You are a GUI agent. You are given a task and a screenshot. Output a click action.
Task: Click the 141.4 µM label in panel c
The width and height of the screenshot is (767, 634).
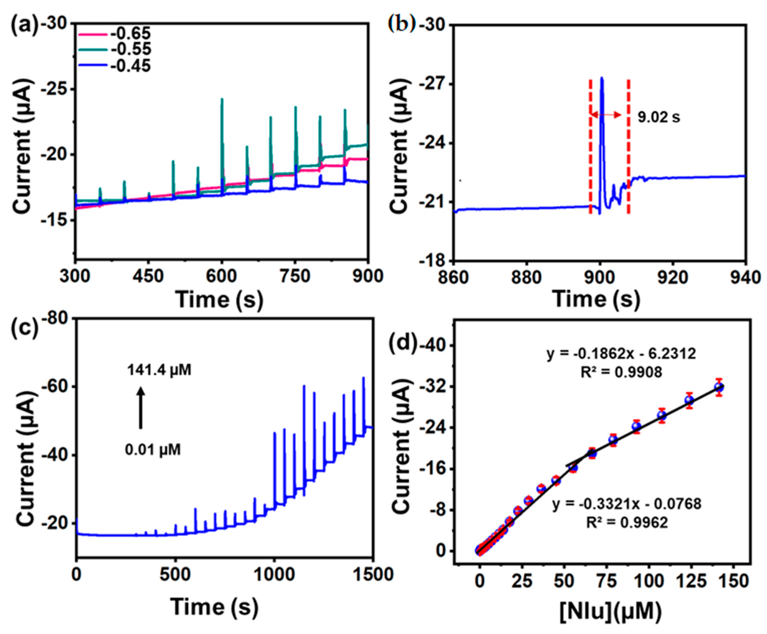pyautogui.click(x=159, y=370)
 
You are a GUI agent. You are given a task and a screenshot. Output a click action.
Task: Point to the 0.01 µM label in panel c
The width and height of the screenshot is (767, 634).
pyautogui.click(x=153, y=450)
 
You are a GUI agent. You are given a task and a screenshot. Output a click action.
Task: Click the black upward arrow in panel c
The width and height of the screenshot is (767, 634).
pyautogui.click(x=141, y=408)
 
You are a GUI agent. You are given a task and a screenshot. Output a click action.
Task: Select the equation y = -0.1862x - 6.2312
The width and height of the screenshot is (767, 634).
pyautogui.click(x=621, y=354)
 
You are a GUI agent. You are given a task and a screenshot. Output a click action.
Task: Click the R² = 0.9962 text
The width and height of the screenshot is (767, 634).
pyautogui.click(x=627, y=523)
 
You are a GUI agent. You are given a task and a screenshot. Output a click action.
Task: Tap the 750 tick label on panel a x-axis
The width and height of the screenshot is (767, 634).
pyautogui.click(x=295, y=276)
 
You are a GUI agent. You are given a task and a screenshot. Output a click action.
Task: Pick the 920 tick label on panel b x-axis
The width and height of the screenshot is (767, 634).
pyautogui.click(x=672, y=278)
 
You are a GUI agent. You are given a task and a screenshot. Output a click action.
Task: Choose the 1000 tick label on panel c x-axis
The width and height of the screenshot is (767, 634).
pyautogui.click(x=274, y=575)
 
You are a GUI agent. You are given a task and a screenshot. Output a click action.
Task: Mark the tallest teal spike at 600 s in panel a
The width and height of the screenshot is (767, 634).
pyautogui.click(x=222, y=100)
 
